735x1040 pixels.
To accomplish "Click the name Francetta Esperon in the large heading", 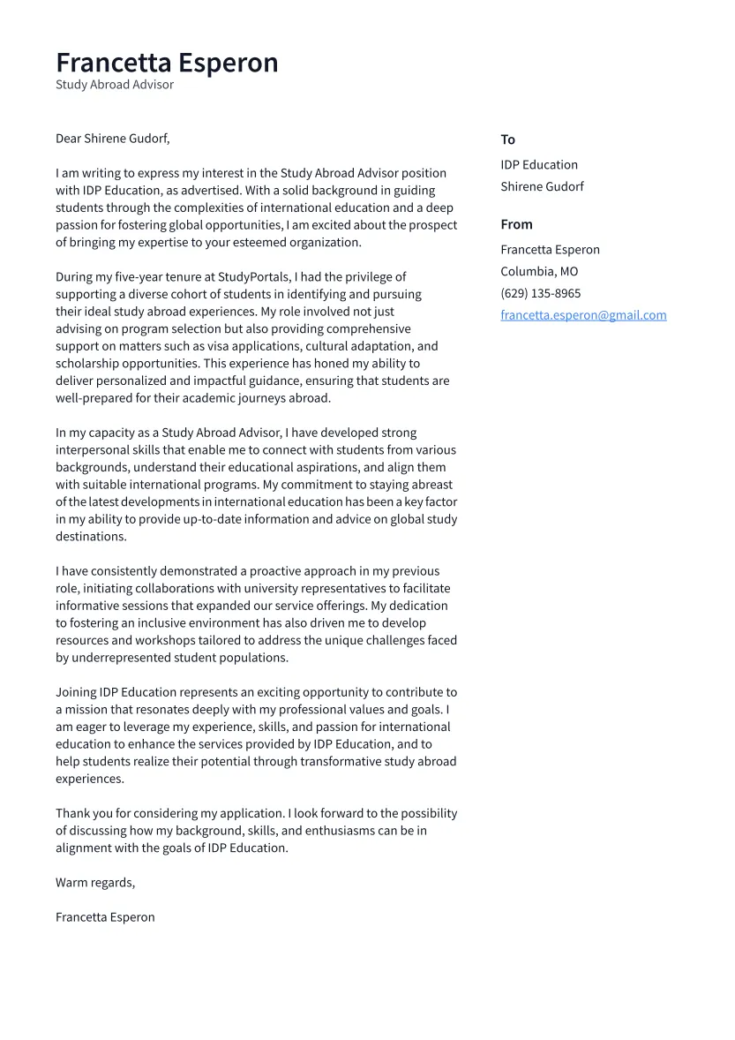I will tap(167, 63).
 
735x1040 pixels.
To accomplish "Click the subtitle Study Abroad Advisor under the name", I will tap(115, 85).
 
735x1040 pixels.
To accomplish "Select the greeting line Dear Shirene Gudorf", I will tap(112, 139).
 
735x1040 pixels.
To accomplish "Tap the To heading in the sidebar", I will tap(507, 139).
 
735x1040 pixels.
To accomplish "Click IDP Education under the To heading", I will tap(539, 165).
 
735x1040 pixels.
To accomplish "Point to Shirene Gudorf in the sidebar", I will tap(542, 186).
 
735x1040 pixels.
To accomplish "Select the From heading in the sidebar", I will tap(516, 224).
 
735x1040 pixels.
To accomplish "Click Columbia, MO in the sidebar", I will tap(539, 272).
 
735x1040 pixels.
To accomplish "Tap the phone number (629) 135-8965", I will tap(540, 293).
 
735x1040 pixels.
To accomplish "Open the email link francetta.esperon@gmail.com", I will tap(583, 315).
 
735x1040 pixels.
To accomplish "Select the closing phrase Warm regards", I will tap(94, 883).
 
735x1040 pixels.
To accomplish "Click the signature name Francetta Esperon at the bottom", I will tap(105, 917).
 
